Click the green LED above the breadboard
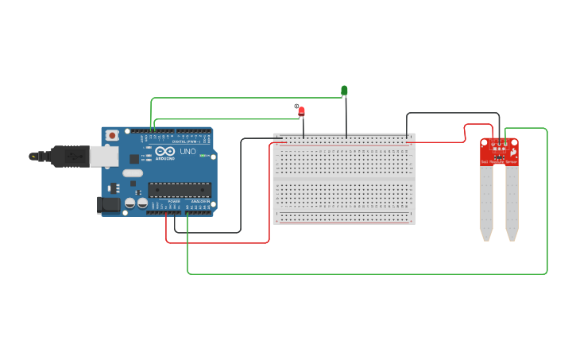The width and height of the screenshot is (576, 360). coord(344,91)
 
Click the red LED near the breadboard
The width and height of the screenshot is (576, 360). coord(301,111)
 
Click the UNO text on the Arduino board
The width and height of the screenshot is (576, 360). coord(188,151)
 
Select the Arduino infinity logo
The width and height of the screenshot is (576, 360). coord(165,151)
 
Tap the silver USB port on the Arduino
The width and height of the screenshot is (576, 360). coord(103,156)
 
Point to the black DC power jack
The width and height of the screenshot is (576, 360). coord(108,205)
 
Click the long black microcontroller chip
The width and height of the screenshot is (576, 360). coord(180,189)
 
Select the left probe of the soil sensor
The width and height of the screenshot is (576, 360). coord(486,203)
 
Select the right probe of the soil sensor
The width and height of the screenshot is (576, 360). coord(512,203)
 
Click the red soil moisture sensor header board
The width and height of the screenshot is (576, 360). coord(499,150)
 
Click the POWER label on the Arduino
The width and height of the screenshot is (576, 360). coord(173,202)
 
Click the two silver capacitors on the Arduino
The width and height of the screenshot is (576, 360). coord(136,203)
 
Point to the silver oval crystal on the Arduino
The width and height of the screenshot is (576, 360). coord(133,172)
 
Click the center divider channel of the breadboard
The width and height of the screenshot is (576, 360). coord(344,180)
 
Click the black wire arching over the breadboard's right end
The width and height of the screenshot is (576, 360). coord(453,113)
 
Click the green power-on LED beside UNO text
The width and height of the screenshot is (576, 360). coord(204,156)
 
